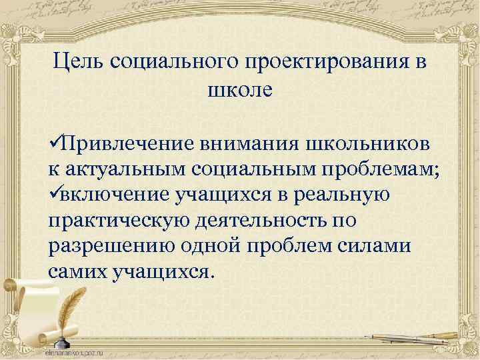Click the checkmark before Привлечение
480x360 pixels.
coord(55,143)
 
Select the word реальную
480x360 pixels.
coord(353,195)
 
